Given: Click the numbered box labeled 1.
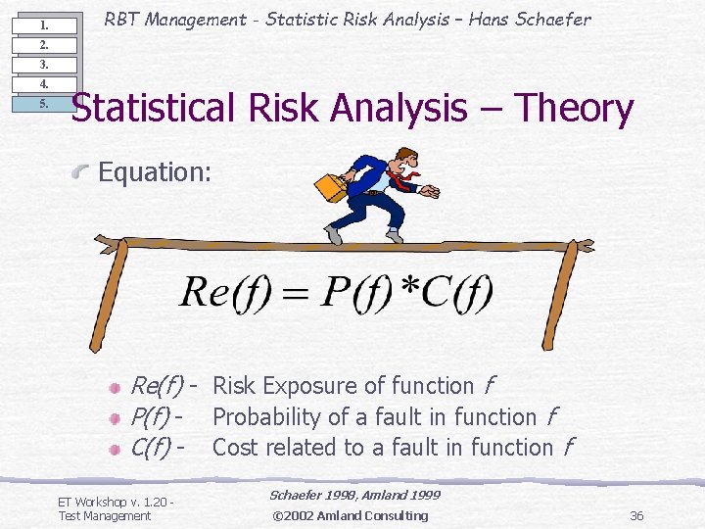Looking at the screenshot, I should click(44, 25).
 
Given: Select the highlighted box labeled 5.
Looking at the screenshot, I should click(44, 104).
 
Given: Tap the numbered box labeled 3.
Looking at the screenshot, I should click(44, 65).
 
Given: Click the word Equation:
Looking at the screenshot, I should click(155, 172).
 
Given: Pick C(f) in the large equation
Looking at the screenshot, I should click(461, 291).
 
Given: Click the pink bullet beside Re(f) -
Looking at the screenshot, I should click(115, 388).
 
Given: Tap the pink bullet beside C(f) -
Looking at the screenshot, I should click(115, 450).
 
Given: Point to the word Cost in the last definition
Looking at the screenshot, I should click(233, 448).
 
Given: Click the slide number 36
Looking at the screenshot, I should click(636, 515).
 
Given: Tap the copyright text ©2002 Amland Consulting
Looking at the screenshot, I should click(350, 515).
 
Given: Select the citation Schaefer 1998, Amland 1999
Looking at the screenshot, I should click(354, 496).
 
